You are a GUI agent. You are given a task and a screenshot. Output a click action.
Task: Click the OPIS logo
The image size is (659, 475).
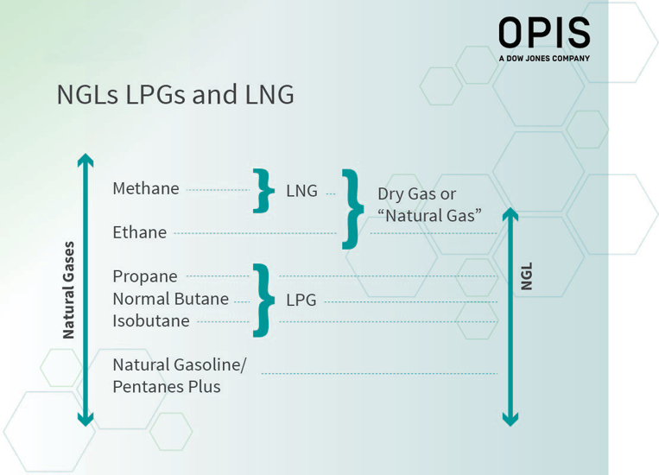tap(543, 33)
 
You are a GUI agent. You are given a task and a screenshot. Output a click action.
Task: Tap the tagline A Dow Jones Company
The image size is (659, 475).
tap(543, 59)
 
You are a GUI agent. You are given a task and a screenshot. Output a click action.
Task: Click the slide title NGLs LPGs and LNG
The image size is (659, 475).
tap(175, 94)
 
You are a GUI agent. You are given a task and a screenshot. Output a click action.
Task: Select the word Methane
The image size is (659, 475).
tap(146, 188)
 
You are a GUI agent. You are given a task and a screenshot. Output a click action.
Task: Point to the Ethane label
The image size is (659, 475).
tap(140, 232)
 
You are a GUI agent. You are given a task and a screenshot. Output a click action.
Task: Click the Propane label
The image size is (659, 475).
tap(145, 276)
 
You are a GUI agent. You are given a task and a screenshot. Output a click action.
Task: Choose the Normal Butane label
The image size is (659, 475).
tap(170, 299)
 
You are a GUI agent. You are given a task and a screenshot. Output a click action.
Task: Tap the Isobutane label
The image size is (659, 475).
tap(151, 321)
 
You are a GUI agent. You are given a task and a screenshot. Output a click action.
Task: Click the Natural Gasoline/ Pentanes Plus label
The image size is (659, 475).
tap(179, 376)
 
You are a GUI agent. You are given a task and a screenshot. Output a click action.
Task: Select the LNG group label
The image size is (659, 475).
tap(301, 191)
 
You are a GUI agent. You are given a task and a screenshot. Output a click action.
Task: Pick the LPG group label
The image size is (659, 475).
tap(301, 301)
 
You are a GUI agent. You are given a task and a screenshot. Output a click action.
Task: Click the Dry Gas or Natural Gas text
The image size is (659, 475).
tap(429, 205)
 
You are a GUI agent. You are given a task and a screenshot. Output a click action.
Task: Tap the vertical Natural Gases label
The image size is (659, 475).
tap(69, 290)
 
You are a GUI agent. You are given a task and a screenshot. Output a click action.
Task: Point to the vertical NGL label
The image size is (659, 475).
tap(527, 276)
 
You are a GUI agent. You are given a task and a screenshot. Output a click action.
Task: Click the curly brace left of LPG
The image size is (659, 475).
tap(263, 300)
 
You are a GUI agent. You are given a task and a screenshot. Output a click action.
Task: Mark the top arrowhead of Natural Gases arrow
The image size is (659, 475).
tap(85, 160)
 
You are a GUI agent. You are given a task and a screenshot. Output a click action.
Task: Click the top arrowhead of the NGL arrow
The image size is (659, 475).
tap(510, 214)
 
